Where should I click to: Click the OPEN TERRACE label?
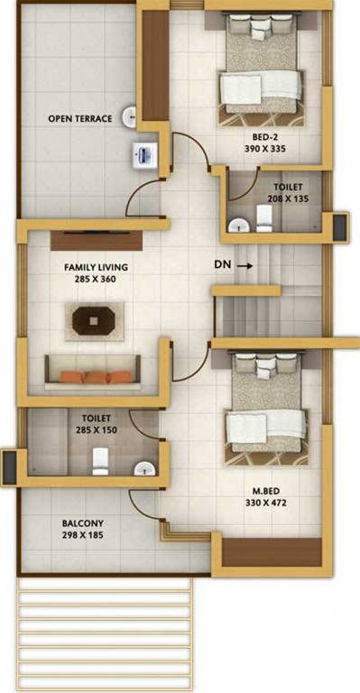[80, 118]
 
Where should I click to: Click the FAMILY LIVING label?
[96, 268]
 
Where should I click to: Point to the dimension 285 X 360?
[96, 280]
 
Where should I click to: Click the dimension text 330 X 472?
[266, 503]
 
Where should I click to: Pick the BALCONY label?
[82, 523]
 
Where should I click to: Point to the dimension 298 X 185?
[82, 536]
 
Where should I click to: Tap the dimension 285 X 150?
[96, 430]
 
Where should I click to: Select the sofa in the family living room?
[93, 368]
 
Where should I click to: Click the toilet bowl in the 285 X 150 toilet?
[100, 462]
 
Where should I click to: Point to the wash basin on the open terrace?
[131, 115]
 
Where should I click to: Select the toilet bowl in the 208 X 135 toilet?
[264, 218]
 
